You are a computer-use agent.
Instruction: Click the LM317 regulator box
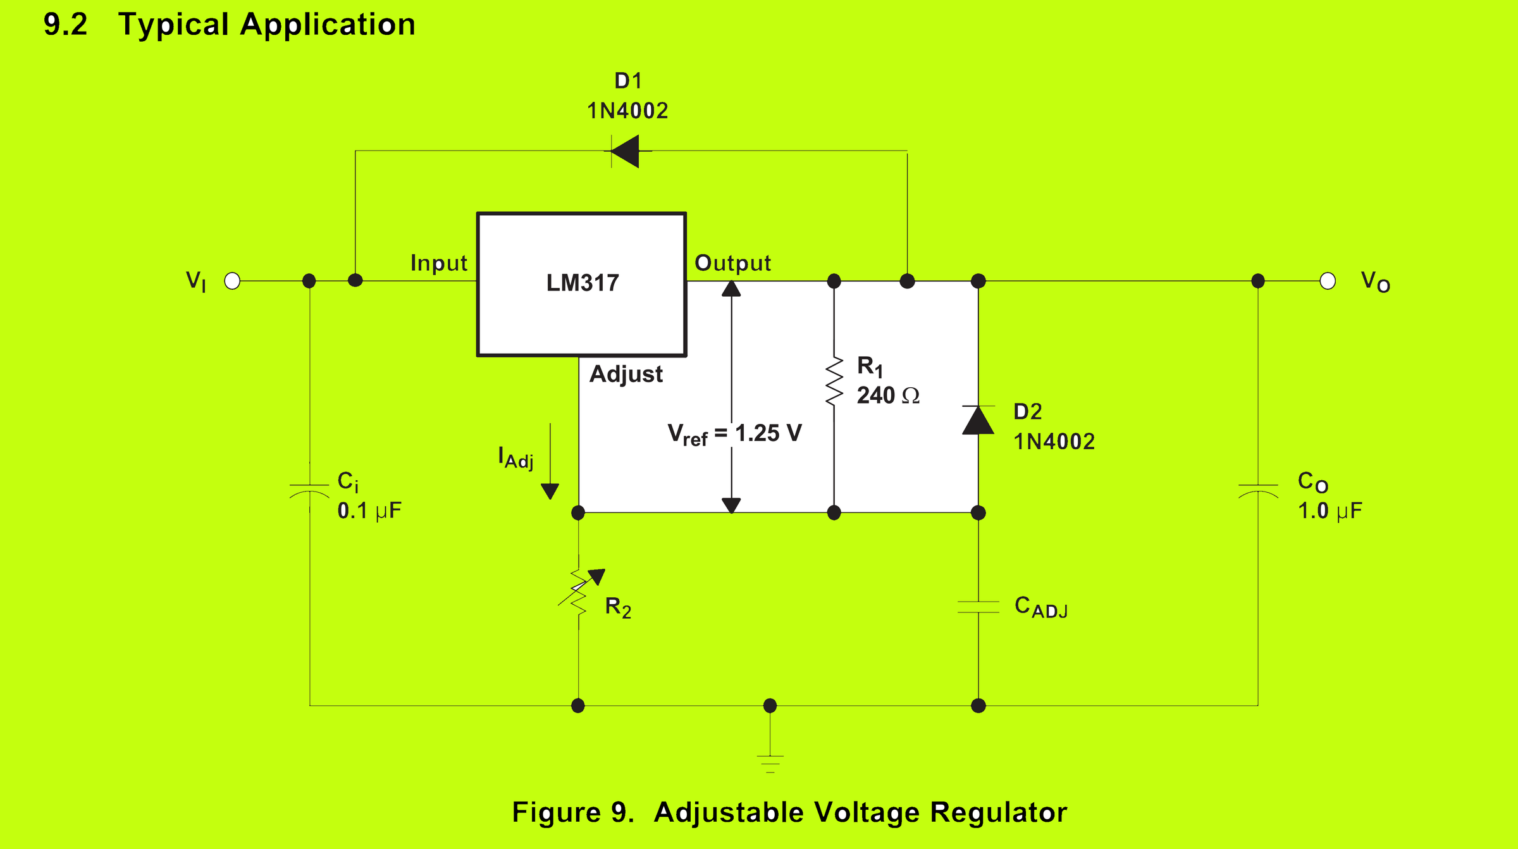pos(581,284)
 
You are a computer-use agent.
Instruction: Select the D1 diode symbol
pos(627,151)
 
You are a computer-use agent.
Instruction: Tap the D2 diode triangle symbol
pos(978,420)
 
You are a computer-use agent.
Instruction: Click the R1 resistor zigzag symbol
pos(834,381)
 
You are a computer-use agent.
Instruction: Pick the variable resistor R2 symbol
pos(579,592)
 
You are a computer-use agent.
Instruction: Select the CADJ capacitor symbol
pos(978,607)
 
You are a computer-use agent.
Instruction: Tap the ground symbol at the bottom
pos(770,762)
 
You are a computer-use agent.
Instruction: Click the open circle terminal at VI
pos(233,281)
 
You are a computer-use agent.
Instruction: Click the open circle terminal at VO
pos(1328,281)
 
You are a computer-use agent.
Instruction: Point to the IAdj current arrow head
pos(550,491)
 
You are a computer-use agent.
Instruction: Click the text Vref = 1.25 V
pos(734,434)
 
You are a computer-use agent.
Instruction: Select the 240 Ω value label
pos(887,395)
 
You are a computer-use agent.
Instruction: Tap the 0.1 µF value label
pos(369,511)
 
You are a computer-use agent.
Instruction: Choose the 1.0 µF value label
pos(1330,511)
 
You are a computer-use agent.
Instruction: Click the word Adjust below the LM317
pos(626,374)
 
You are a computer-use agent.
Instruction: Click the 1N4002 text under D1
pos(627,111)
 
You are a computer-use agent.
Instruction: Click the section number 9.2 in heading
pos(65,25)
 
